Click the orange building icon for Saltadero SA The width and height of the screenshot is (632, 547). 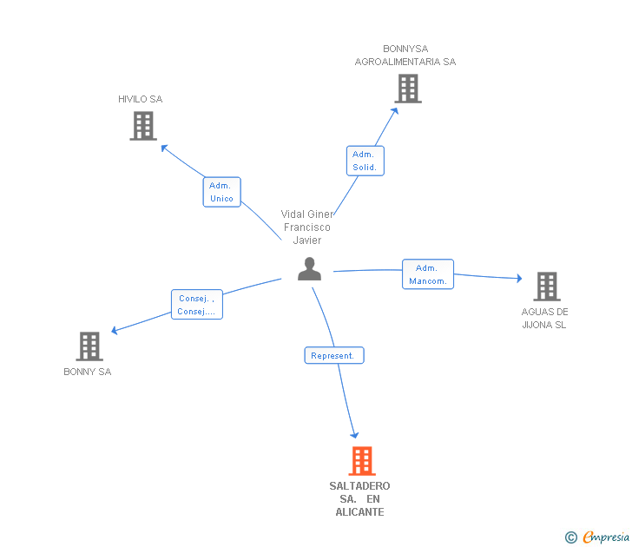tap(362, 461)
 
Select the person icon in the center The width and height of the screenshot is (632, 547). tap(309, 269)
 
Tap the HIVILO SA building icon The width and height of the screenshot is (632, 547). tap(143, 126)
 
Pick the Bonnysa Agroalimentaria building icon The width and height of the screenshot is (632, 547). tap(408, 89)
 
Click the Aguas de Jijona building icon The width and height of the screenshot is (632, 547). tap(547, 287)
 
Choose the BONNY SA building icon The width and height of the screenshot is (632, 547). tap(89, 346)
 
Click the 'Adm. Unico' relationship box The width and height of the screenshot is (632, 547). tap(221, 192)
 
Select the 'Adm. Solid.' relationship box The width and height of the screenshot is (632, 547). tap(365, 161)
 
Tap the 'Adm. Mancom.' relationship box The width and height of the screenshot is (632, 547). tap(428, 274)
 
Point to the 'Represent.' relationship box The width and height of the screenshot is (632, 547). tap(334, 355)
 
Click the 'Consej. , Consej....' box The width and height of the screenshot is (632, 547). tap(197, 305)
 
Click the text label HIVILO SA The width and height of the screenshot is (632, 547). tap(141, 99)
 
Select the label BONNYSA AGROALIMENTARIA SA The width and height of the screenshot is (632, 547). tap(405, 56)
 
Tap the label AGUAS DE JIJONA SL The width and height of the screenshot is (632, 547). tap(544, 318)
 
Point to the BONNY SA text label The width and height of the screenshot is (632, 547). tap(88, 372)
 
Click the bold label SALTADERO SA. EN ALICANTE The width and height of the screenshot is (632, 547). tap(359, 498)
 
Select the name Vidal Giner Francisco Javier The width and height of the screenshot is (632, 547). tap(307, 227)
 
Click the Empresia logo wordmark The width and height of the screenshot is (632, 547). tap(606, 537)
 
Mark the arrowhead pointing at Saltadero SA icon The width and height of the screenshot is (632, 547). tap(355, 435)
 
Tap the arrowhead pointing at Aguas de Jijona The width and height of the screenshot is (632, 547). tap(519, 278)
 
